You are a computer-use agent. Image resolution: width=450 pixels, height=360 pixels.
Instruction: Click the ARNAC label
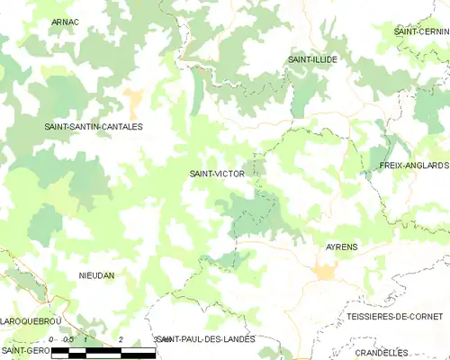(65, 21)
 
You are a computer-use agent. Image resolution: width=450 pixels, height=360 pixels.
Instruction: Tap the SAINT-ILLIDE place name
(312, 59)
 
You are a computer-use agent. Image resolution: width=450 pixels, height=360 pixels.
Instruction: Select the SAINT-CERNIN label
(421, 31)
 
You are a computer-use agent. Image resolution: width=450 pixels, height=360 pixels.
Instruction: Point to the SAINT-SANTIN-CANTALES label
(94, 127)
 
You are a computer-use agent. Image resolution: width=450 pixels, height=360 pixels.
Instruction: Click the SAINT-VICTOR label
(216, 173)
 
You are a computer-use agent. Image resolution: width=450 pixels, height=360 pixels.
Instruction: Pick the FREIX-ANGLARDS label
(414, 166)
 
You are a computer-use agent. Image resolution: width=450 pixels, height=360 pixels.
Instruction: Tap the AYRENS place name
(340, 245)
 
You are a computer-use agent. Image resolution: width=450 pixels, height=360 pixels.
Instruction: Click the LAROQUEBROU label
(29, 319)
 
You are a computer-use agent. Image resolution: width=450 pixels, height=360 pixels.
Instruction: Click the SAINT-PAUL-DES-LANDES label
(205, 338)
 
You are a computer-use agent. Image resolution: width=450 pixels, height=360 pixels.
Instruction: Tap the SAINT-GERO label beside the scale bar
(24, 349)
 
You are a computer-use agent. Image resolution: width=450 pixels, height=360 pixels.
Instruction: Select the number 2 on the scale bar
(121, 339)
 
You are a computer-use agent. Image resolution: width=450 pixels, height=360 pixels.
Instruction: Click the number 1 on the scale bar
(85, 339)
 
